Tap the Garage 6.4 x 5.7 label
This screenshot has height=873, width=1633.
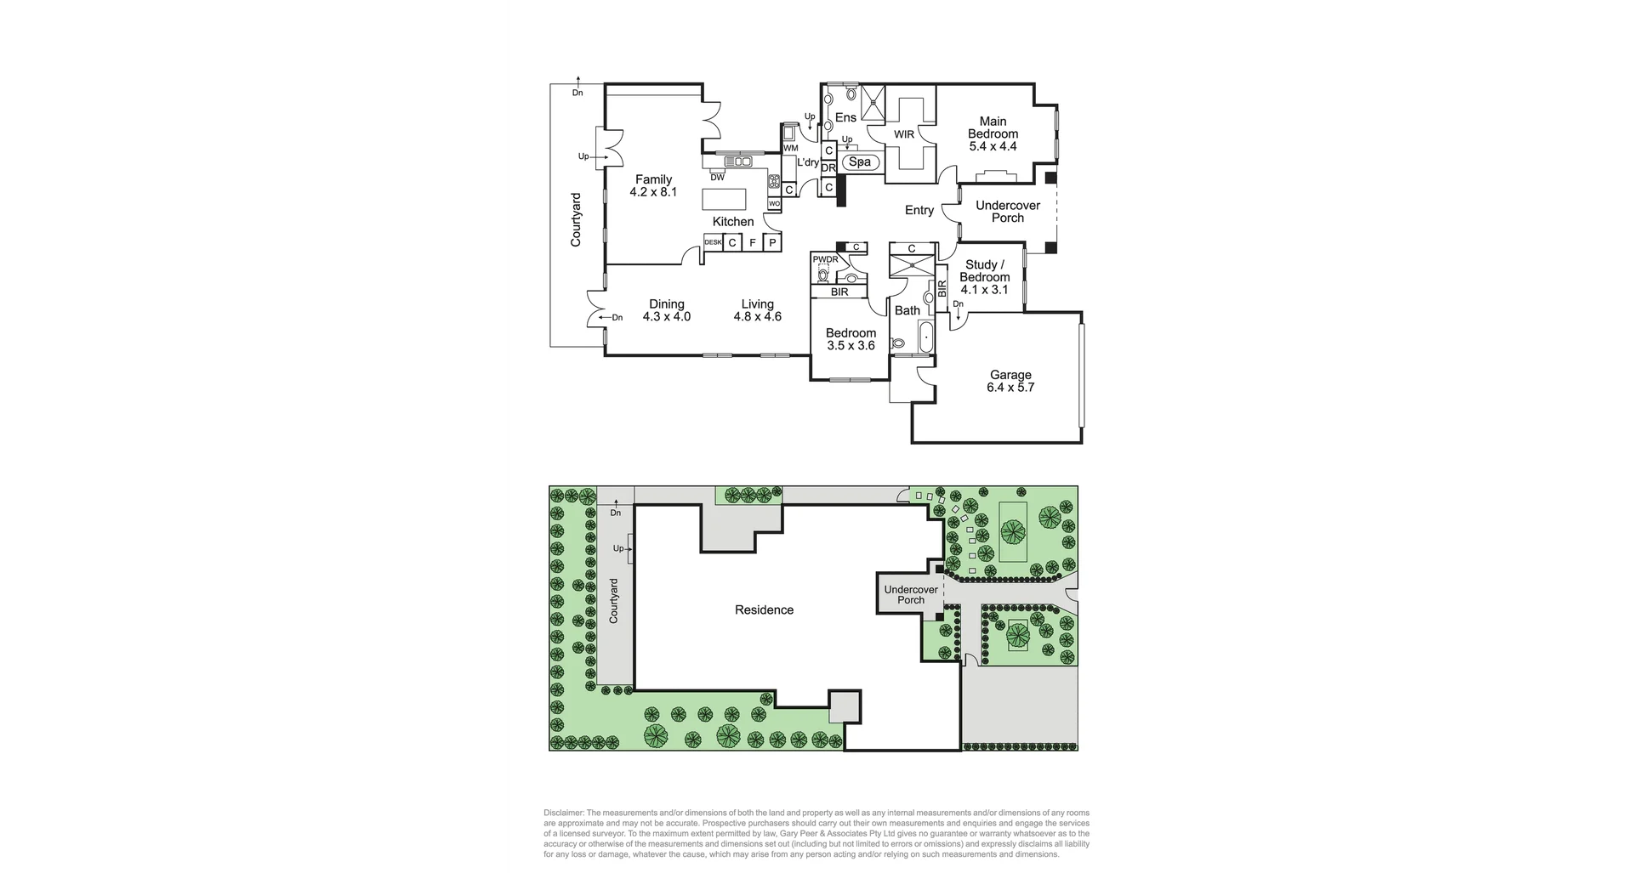[1010, 381]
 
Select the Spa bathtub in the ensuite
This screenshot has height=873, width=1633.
[860, 162]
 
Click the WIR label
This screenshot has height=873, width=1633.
[903, 134]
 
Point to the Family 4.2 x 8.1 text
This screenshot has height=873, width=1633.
[653, 185]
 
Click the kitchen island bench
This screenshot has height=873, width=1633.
[725, 199]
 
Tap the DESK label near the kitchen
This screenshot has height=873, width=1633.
[713, 242]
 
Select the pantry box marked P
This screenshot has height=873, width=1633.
[772, 243]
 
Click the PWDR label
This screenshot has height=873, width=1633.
[825, 259]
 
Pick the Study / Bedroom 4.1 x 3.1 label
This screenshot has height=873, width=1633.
[984, 277]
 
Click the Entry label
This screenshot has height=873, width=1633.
[919, 210]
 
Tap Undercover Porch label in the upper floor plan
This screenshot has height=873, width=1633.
[1008, 212]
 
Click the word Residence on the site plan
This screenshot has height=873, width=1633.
[764, 609]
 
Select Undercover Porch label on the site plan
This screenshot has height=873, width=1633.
[911, 594]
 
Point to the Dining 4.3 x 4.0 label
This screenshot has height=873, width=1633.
[666, 310]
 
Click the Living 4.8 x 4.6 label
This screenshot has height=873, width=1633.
[757, 310]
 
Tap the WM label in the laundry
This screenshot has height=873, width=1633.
[790, 148]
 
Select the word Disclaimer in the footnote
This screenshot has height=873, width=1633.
[564, 813]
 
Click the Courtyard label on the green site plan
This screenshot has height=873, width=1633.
[614, 600]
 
